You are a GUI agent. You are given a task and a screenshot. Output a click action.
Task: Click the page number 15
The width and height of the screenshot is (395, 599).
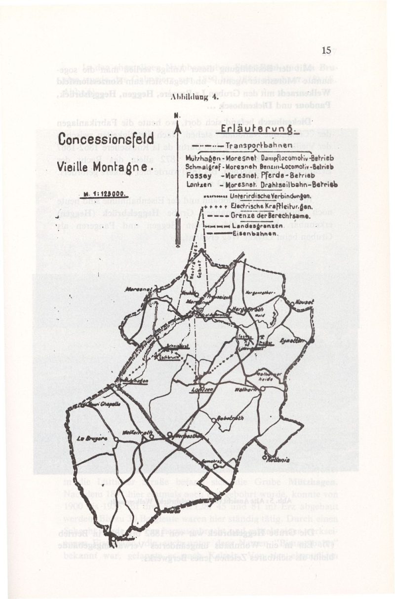pyautogui.click(x=325, y=50)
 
